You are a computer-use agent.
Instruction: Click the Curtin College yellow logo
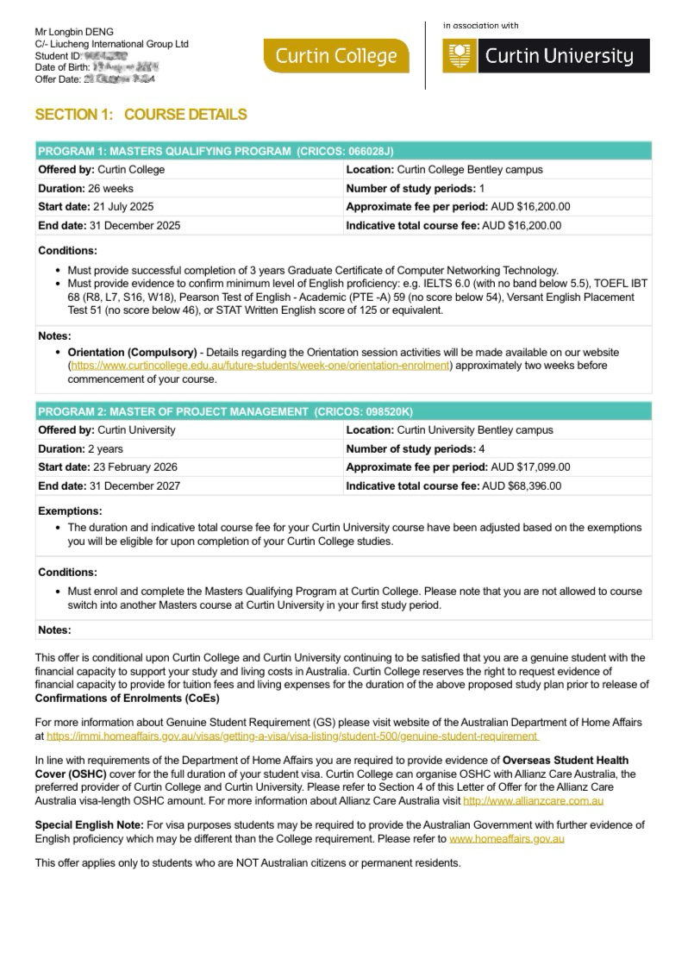[336, 57]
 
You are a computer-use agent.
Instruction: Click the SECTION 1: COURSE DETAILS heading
[141, 115]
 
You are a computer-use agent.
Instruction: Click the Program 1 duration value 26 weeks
[111, 188]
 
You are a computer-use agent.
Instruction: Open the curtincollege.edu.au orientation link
[260, 366]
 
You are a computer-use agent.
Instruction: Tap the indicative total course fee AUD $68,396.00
[521, 486]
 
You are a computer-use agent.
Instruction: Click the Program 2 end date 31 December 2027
[134, 486]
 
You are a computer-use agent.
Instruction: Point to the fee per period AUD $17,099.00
[529, 467]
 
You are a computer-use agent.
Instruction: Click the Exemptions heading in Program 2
[70, 511]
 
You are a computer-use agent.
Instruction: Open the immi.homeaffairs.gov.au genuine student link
[293, 736]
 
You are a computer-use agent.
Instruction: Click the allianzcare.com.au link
[533, 801]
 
